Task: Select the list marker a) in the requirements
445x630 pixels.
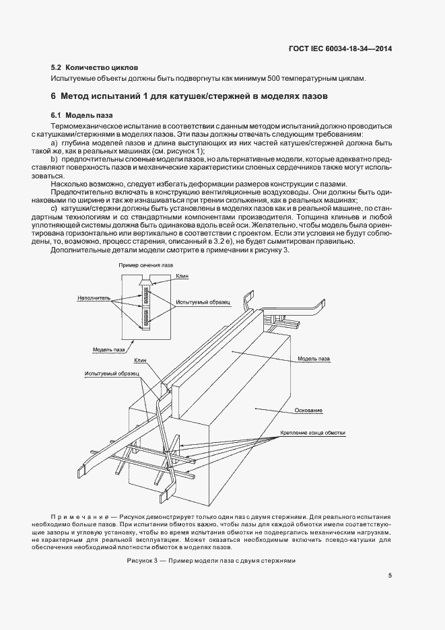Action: tap(55, 144)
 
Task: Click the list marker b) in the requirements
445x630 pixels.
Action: tap(55, 157)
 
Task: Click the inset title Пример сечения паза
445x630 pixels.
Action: tap(145, 265)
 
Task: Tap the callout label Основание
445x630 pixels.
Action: tap(309, 410)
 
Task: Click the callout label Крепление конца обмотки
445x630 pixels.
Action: tap(308, 432)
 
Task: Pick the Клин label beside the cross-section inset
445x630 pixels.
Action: tap(182, 275)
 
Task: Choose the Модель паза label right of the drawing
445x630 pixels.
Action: tap(313, 359)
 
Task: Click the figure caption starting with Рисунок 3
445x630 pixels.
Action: tap(211, 561)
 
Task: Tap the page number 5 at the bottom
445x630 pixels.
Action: tap(390, 575)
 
